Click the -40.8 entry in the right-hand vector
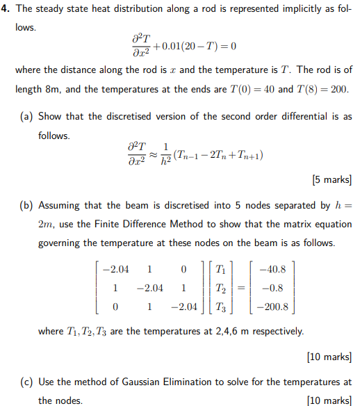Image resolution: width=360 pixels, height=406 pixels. click(x=276, y=269)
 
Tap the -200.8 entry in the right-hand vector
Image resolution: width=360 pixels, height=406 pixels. click(x=276, y=307)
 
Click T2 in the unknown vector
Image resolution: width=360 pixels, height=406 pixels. click(x=221, y=288)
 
